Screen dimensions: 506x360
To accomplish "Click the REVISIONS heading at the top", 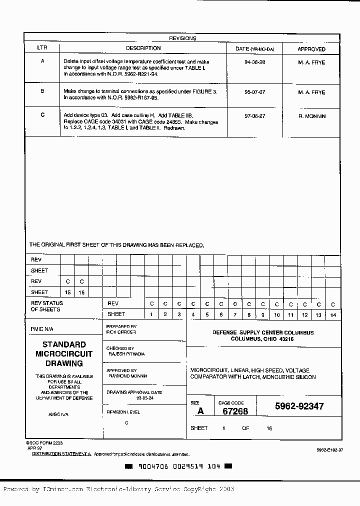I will click(182, 38).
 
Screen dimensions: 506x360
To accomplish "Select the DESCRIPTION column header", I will click(143, 48).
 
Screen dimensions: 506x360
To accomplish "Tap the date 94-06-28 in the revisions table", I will click(254, 62).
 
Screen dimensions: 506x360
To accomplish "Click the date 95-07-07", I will click(254, 92).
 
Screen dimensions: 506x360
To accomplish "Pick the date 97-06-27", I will click(254, 116).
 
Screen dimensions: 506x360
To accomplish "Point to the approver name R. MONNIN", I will click(311, 116).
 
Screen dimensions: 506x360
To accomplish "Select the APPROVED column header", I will click(311, 49).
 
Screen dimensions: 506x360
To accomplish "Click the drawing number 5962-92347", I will click(299, 406).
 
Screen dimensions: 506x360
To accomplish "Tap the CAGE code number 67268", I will click(234, 411).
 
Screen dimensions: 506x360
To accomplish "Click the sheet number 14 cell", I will click(332, 314).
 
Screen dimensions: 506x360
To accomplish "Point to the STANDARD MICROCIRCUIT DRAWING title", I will click(64, 354).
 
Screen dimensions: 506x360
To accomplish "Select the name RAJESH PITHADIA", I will click(126, 353).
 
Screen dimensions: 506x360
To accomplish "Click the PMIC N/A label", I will click(41, 329).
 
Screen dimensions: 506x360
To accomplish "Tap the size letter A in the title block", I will click(200, 411).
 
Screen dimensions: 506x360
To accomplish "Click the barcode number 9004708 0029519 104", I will click(178, 466).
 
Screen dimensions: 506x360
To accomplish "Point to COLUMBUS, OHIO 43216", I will click(262, 339).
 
